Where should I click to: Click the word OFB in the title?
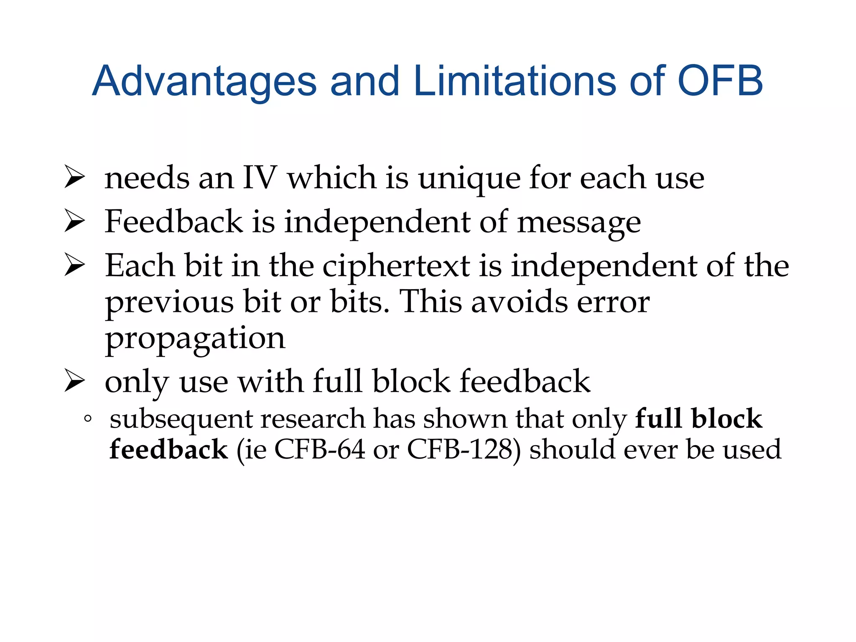tap(720, 81)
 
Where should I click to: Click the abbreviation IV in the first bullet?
tap(260, 178)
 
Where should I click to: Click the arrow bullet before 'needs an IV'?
tap(75, 178)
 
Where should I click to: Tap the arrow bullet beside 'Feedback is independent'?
tap(75, 222)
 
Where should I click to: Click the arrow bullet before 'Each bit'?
tap(75, 266)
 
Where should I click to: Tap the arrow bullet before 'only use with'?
tap(75, 382)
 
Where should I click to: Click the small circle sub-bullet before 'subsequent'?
tap(87, 418)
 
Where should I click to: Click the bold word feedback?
tap(168, 450)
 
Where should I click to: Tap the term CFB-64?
tap(320, 450)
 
